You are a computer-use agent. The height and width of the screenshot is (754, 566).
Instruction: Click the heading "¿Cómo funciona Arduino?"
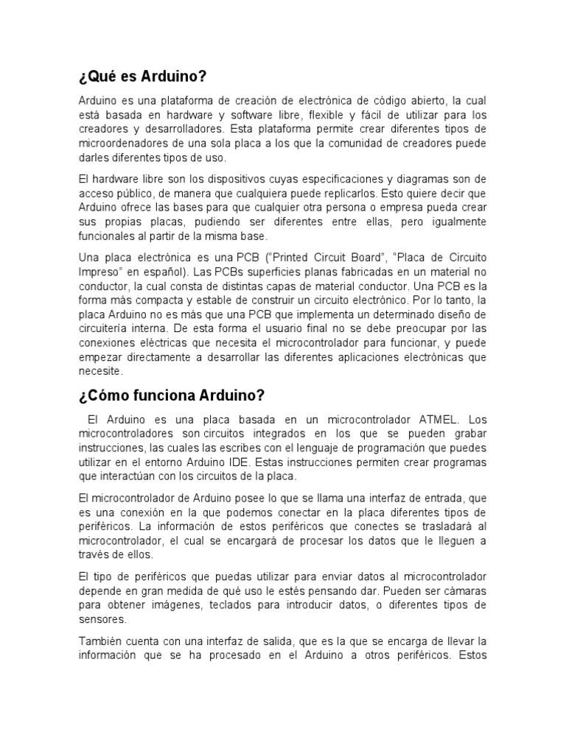171,396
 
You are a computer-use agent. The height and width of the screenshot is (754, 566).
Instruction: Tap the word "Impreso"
102,271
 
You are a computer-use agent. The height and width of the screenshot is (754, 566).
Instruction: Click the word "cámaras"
464,591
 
